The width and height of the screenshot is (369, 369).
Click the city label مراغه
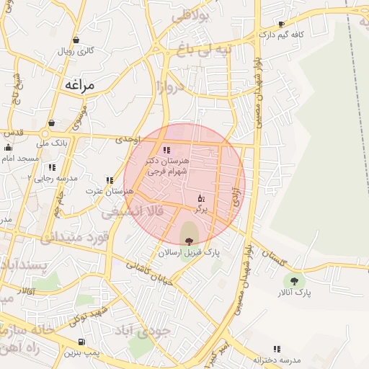click(x=79, y=84)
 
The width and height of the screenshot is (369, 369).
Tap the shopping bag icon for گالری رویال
click(x=76, y=40)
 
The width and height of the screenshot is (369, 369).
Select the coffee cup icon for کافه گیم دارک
click(x=282, y=24)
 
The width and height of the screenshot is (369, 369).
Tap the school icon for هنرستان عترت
click(x=110, y=180)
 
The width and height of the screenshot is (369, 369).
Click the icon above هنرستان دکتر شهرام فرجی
click(x=166, y=151)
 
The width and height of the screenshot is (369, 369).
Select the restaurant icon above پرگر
click(x=201, y=197)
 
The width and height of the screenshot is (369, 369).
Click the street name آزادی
click(x=236, y=203)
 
